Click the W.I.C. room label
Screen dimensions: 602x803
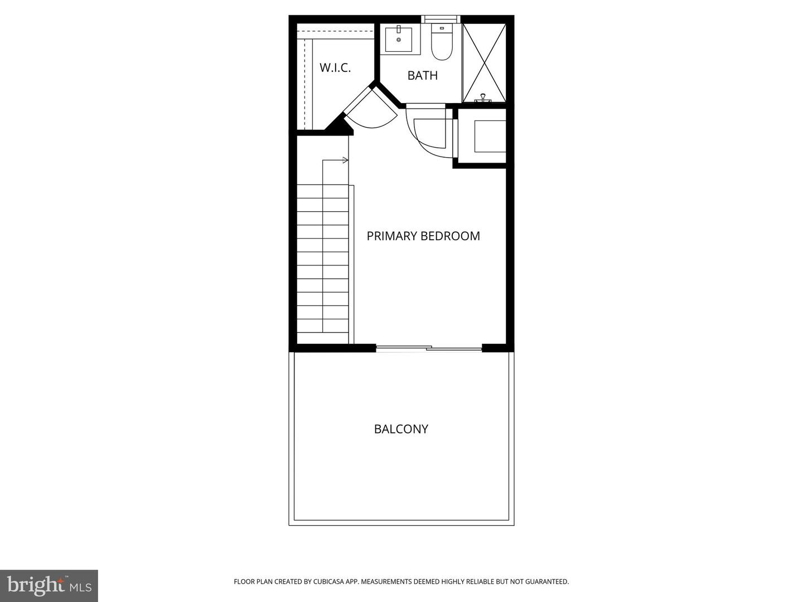[335, 68]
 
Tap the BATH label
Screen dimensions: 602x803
[422, 75]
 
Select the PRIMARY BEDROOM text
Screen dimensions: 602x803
[423, 236]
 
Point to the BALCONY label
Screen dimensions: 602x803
[401, 429]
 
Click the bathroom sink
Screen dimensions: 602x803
[399, 39]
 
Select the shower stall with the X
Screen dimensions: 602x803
[484, 62]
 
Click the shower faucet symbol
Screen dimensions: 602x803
[482, 99]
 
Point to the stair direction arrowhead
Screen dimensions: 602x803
[346, 161]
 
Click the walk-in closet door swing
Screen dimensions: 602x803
[371, 111]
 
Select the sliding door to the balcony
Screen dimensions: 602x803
[429, 348]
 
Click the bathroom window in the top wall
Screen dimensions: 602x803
[441, 19]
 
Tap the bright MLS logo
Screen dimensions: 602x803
[49, 585]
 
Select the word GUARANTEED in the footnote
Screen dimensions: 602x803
[549, 582]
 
